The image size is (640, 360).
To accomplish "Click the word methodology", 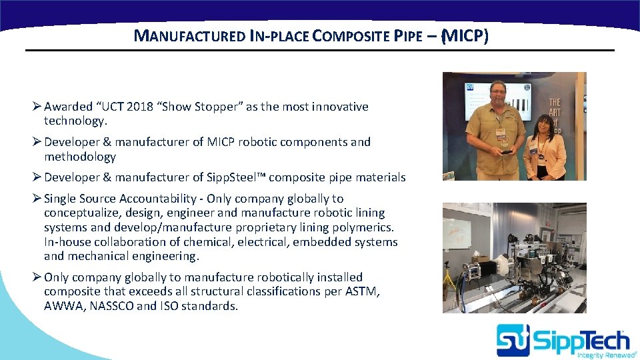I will click(x=79, y=157).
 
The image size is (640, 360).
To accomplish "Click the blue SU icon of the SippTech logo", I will click(x=513, y=340).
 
